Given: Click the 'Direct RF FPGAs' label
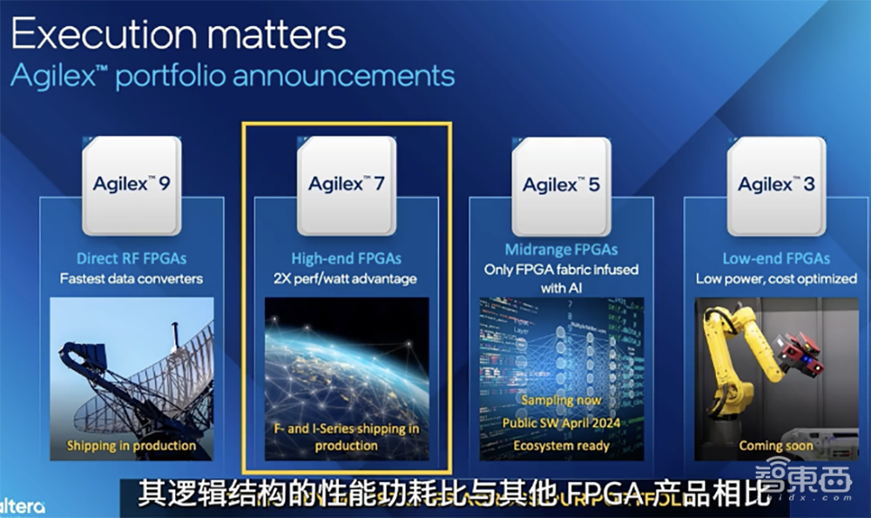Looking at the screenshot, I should [132, 258].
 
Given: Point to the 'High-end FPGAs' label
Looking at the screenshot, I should [347, 258].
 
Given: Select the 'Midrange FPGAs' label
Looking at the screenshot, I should [562, 250].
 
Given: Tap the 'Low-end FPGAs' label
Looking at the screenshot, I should [776, 258].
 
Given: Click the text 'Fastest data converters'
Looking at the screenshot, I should [132, 279].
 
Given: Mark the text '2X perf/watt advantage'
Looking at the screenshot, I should [347, 279].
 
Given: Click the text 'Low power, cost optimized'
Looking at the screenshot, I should [776, 279].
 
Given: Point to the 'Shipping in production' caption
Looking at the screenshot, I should [132, 446].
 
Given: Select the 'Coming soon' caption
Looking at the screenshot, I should [776, 445].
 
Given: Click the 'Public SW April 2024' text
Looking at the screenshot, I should [562, 423].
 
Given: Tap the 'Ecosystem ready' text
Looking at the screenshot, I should [562, 445].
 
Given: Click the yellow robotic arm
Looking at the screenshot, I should [740, 366].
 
